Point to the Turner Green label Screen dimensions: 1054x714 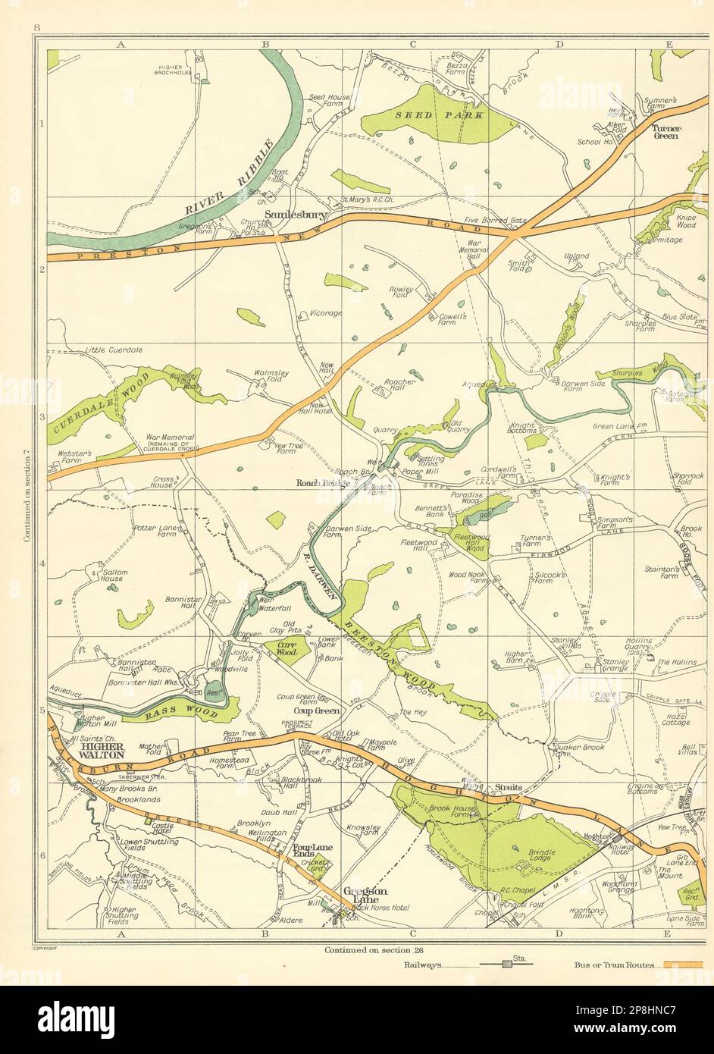(666, 133)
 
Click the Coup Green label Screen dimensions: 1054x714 (317, 711)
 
